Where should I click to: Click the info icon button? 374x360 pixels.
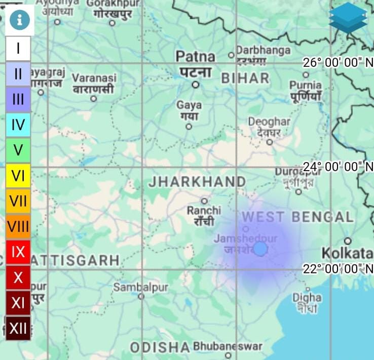[x=20, y=20]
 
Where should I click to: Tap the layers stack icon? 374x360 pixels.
[x=348, y=18]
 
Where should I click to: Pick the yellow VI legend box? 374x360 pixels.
[x=18, y=176]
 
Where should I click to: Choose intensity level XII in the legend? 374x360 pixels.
[x=18, y=328]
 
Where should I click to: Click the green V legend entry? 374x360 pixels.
[x=18, y=150]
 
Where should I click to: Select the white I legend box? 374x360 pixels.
[x=18, y=49]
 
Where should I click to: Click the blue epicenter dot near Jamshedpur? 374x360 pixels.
[x=260, y=249]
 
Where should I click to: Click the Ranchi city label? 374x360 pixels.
[x=204, y=210]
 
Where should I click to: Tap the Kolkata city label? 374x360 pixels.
[x=347, y=252]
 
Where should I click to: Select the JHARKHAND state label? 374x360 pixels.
[x=197, y=181]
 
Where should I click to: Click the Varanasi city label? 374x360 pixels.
[x=94, y=78]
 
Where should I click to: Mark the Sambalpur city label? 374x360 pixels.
[x=140, y=287]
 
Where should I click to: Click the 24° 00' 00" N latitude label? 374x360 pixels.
[x=338, y=167]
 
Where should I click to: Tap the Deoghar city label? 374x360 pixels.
[x=269, y=122]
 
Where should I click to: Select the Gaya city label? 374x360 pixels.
[x=189, y=105]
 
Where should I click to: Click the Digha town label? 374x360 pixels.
[x=307, y=297]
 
